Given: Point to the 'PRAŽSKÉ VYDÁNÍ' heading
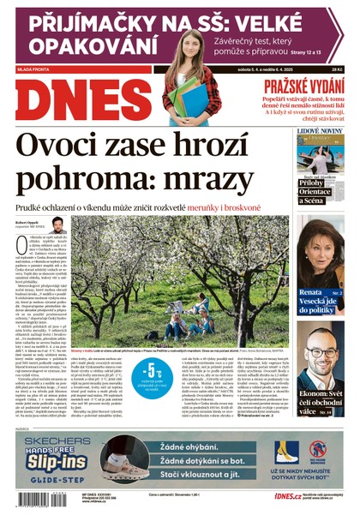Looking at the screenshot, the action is tap(294, 87).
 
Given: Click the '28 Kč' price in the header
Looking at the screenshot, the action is tap(337, 70).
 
